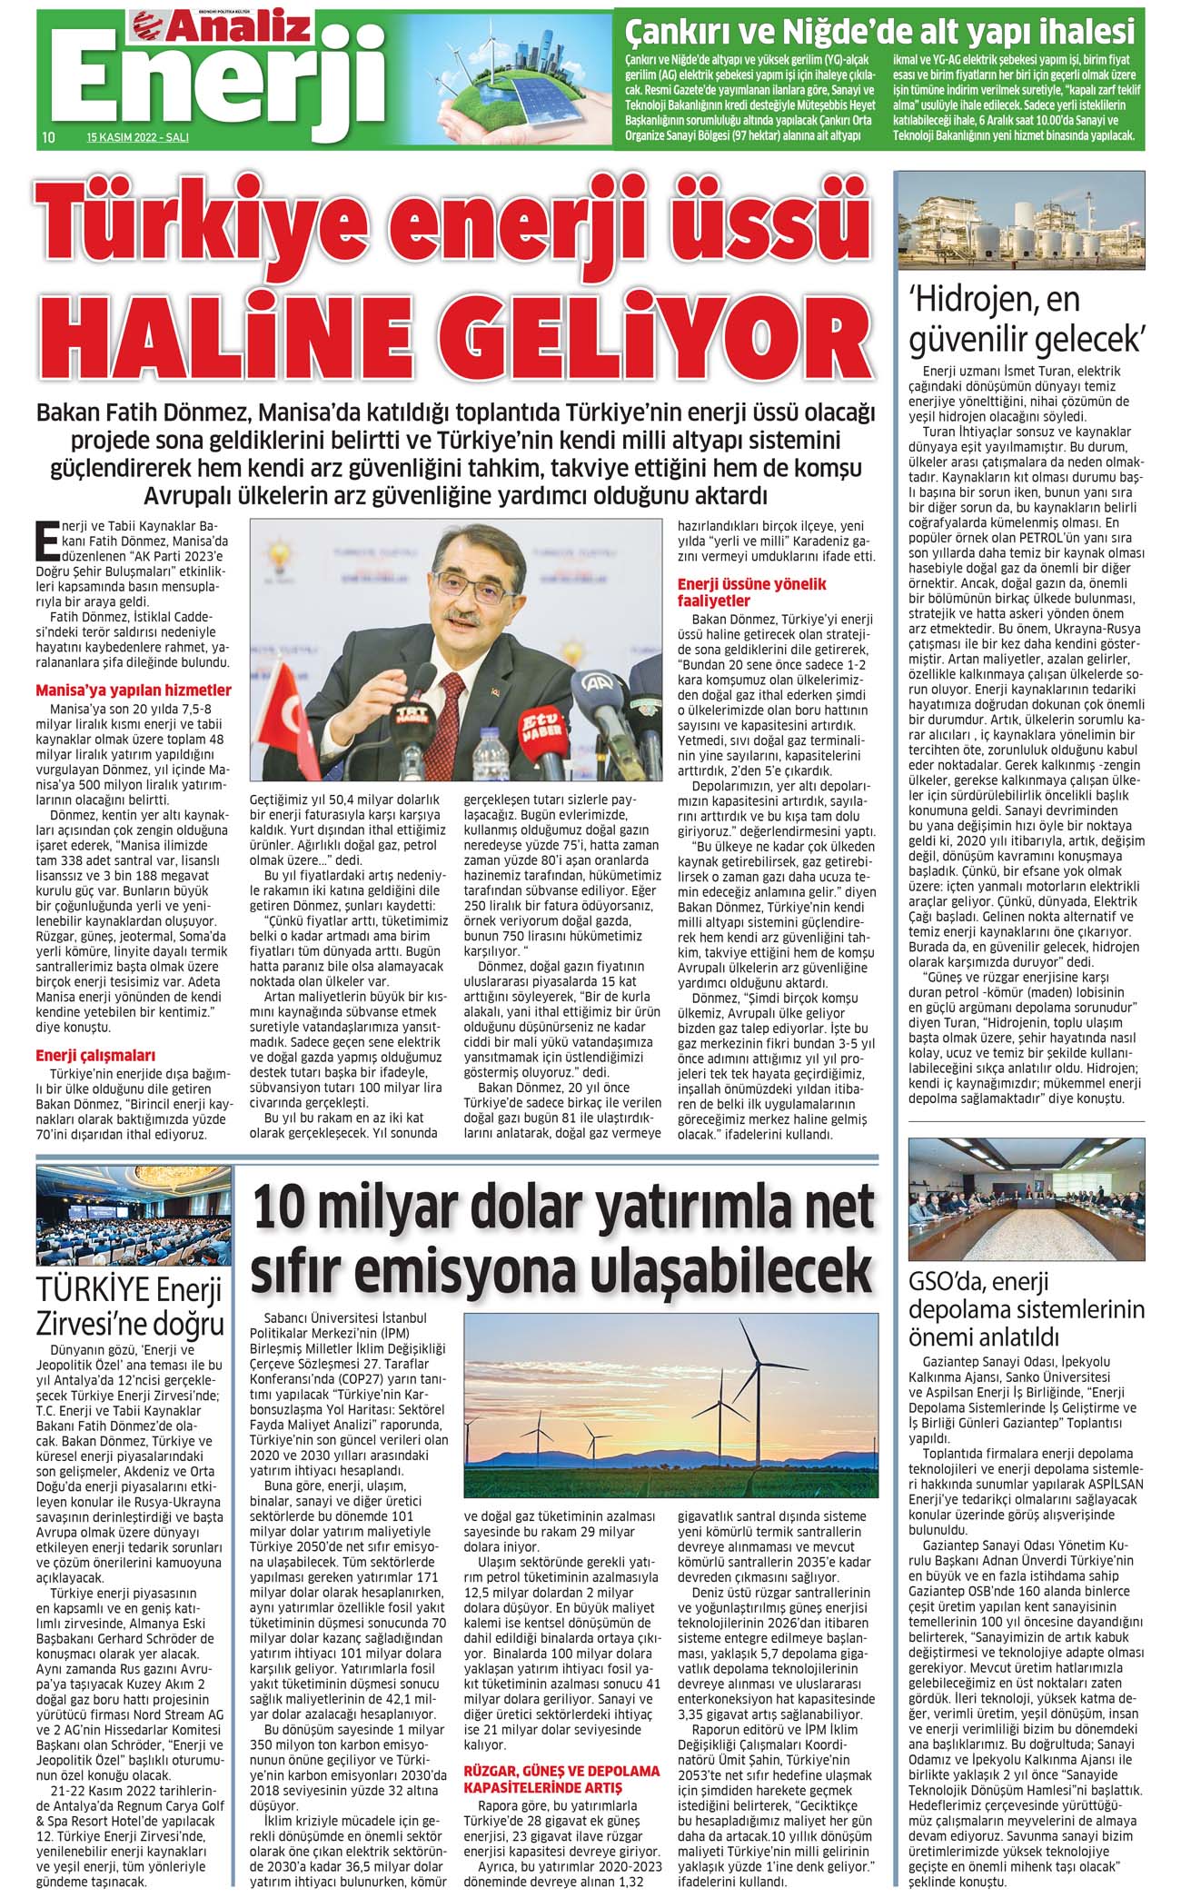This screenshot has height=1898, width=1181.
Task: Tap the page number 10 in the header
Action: (x=49, y=138)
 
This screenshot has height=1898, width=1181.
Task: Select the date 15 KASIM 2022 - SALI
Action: (x=137, y=139)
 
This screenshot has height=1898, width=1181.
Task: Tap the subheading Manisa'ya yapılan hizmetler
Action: (x=133, y=691)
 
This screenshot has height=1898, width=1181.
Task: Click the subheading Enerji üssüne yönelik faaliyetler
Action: (x=752, y=592)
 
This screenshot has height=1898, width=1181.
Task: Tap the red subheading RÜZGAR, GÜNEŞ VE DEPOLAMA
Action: (x=561, y=1771)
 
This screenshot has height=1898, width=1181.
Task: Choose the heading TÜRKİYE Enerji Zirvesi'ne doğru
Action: (x=130, y=1306)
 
